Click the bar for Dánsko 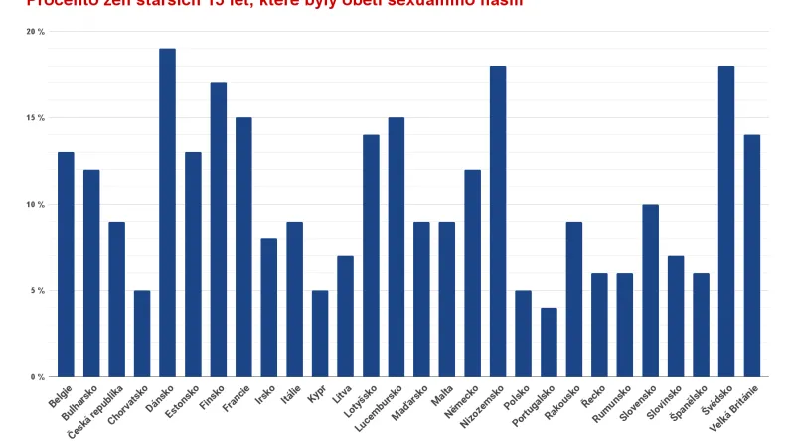pyautogui.click(x=167, y=213)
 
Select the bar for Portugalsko pyautogui.click(x=549, y=343)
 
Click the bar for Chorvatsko pyautogui.click(x=142, y=334)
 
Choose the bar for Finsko pyautogui.click(x=218, y=229)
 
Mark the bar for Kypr pyautogui.click(x=320, y=334)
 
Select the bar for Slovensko pyautogui.click(x=650, y=291)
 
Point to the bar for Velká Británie pyautogui.click(x=751, y=256)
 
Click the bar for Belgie pyautogui.click(x=66, y=264)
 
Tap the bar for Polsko pyautogui.click(x=523, y=334)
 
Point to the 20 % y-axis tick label pyautogui.click(x=36, y=32)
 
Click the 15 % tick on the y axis pyautogui.click(x=36, y=118)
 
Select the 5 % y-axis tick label pyautogui.click(x=38, y=291)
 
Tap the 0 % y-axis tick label pyautogui.click(x=38, y=377)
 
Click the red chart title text pyautogui.click(x=258, y=3)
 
